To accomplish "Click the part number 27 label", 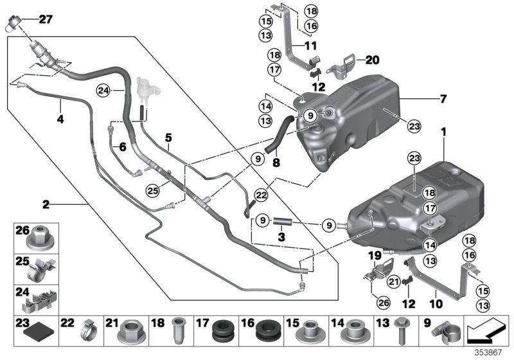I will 45,19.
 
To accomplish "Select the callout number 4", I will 60,118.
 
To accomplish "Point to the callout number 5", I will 168,137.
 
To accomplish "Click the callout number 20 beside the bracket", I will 373,60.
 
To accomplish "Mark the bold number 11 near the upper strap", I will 311,46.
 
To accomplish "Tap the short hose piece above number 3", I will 283,223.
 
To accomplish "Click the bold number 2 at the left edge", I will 46,205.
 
